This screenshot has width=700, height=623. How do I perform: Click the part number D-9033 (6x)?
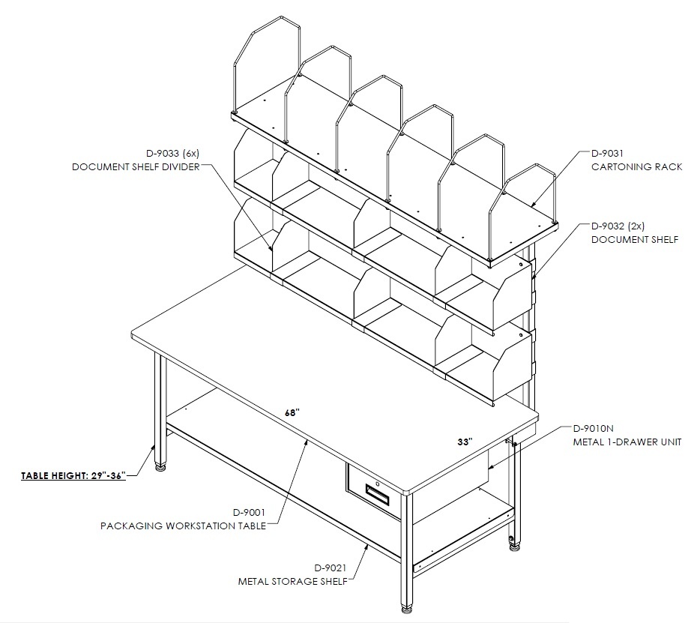click(x=173, y=154)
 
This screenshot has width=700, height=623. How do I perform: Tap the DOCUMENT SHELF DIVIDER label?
click(x=136, y=167)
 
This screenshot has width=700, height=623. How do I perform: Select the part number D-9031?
click(x=607, y=154)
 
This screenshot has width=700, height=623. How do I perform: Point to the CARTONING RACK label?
click(x=636, y=167)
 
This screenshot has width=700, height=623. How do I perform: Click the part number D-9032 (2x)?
click(x=618, y=226)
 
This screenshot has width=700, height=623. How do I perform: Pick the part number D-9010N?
click(x=593, y=429)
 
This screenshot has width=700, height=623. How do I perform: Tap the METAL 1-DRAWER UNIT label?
click(x=627, y=442)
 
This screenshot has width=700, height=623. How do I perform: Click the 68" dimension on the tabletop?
click(x=292, y=413)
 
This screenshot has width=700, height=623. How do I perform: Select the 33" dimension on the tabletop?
click(x=465, y=442)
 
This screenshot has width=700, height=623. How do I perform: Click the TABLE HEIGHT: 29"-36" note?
click(x=73, y=475)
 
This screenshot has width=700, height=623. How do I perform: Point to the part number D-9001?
click(x=249, y=512)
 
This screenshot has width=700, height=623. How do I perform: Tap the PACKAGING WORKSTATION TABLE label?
click(x=183, y=526)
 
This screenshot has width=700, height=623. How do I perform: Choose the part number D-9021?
click(x=331, y=568)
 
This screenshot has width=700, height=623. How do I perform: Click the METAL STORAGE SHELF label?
click(x=292, y=582)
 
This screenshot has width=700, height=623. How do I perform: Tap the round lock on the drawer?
click(x=377, y=484)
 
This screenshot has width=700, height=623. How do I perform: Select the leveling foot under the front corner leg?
click(x=406, y=608)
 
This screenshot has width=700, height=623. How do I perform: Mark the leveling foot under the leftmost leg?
click(x=160, y=468)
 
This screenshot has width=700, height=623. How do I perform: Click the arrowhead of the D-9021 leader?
click(x=366, y=547)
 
